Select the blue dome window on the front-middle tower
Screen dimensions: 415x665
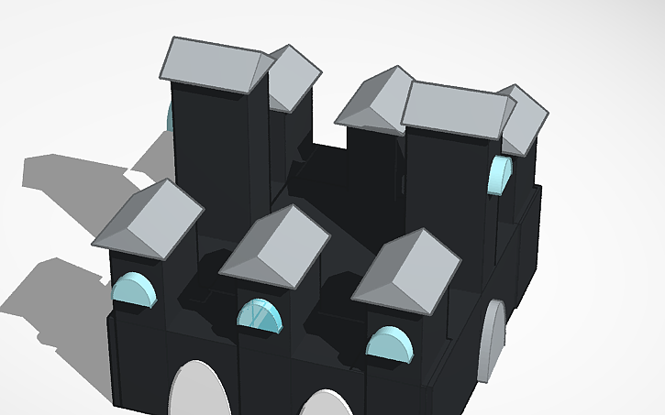coord(259,315)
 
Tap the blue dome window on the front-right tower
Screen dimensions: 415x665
coord(389,343)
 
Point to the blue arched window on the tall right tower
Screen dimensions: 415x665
coord(500,176)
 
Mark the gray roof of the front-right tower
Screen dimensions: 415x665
coord(409,268)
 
